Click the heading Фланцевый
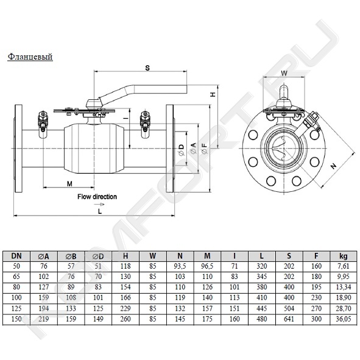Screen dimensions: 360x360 tap(30, 57)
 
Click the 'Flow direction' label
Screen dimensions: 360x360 tap(97, 197)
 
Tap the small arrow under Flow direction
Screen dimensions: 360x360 tap(100, 204)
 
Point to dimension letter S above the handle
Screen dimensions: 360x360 tap(147, 68)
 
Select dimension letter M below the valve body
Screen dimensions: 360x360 tap(69, 184)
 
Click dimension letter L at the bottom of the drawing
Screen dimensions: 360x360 tap(100, 211)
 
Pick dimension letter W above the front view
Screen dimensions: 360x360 tap(284, 73)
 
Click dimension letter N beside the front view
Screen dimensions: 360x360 tap(334, 166)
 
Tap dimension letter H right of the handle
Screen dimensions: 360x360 tap(213, 94)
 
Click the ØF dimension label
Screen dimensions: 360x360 tap(204, 148)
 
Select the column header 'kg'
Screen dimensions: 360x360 tap(344, 256)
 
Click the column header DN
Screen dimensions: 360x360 tap(16, 256)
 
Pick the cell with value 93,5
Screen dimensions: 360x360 tap(180, 266)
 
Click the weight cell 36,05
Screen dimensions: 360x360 tap(344, 319)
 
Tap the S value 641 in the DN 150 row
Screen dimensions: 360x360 tap(289, 319)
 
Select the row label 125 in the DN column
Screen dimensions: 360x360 tap(16, 308)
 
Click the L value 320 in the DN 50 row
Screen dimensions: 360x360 tap(262, 266)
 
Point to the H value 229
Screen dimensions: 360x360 tap(125, 308)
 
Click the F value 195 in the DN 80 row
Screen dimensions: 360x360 tap(316, 287)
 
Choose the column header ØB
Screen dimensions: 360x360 tap(71, 256)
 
